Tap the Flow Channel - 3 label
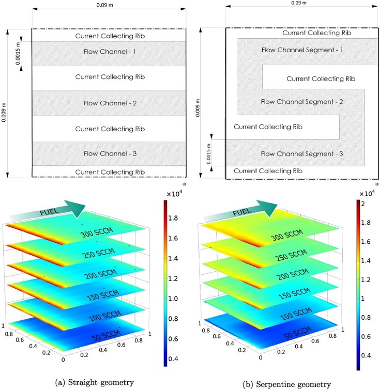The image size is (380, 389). [x=109, y=153]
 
